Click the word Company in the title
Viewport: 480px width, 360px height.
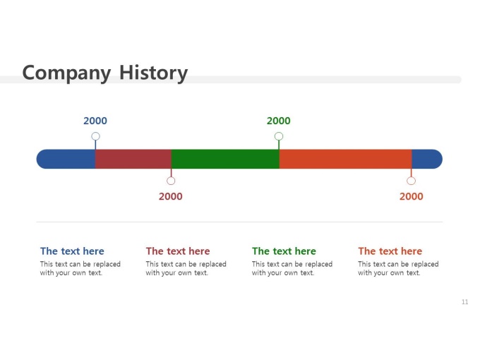pos(66,73)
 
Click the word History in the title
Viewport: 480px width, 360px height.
pos(153,73)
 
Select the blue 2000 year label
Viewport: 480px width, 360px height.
pos(95,121)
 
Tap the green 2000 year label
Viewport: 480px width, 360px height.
pos(279,121)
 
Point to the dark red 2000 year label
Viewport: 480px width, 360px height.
pos(171,196)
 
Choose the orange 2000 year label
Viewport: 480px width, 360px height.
pos(411,196)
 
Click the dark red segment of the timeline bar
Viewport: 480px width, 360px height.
pos(133,159)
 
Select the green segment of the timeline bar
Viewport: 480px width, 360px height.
pos(225,159)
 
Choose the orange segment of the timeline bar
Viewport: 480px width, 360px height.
pos(345,159)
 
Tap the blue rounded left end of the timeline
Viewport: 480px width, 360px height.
pos(66,159)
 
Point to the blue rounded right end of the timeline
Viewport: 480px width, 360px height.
pos(427,159)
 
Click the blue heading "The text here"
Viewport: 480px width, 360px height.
pos(72,251)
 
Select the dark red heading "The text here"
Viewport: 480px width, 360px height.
pos(178,251)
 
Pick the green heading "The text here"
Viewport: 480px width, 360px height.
pos(284,251)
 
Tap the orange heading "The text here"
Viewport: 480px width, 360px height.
pos(390,251)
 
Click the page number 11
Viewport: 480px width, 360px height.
pos(465,302)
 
